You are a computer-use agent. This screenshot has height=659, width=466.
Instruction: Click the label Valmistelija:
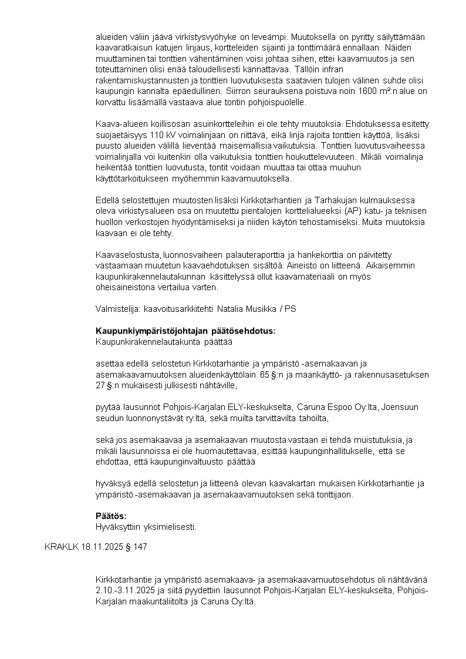coord(117,308)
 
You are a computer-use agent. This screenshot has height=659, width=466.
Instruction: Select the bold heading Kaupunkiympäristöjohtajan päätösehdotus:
coord(185,331)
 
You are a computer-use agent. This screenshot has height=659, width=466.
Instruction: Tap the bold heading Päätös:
coord(111,516)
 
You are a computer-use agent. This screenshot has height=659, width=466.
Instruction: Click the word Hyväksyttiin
coord(119,526)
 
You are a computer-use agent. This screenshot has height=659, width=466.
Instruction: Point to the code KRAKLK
coord(61,547)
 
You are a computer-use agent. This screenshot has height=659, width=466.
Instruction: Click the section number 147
coord(140,547)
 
